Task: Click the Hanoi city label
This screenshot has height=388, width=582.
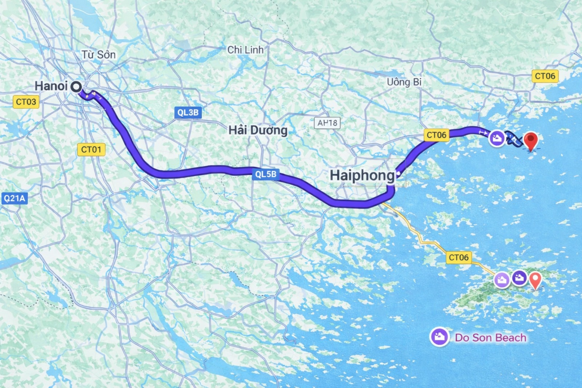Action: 51,86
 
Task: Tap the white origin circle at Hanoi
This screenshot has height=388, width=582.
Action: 76,87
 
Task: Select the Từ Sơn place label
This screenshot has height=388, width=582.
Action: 98,55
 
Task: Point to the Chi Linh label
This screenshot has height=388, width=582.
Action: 245,50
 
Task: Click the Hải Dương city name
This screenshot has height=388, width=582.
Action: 258,130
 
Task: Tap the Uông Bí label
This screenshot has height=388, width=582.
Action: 404,82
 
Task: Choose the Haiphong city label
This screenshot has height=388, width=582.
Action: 362,175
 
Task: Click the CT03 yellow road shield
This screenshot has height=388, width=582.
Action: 26,102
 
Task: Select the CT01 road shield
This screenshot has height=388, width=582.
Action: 91,149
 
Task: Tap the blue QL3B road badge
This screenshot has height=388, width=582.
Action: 188,112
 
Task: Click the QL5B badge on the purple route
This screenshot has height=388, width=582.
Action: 266,174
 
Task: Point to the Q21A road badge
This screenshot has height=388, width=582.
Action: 15,198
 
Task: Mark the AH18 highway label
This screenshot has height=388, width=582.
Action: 327,123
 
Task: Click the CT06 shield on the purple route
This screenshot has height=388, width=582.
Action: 436,135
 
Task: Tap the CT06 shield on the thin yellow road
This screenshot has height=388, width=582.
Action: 459,257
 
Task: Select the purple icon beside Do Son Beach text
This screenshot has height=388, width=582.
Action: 439,337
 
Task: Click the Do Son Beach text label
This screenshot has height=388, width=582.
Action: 490,338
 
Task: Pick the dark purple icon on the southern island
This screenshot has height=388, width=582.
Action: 519,278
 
